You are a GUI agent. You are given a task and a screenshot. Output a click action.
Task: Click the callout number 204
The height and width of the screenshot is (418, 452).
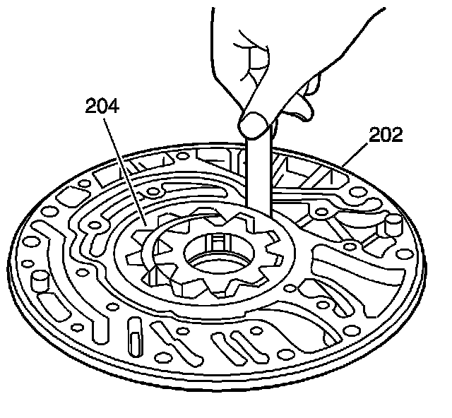coord(102,107)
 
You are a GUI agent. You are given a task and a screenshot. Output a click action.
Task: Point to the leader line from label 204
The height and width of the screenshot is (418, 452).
coord(124,169)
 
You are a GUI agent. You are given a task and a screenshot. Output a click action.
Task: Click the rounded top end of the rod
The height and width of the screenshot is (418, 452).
coord(255,125)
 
